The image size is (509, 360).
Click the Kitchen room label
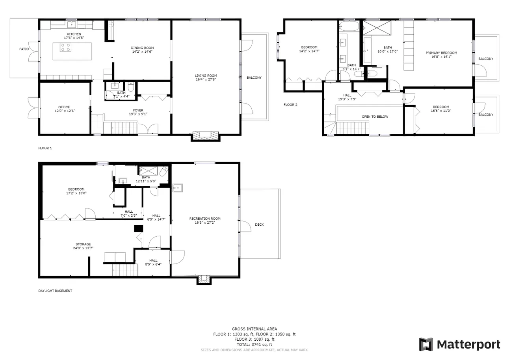click(x=74, y=34)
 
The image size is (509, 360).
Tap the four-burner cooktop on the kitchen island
click(x=65, y=47)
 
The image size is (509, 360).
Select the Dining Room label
click(x=142, y=48)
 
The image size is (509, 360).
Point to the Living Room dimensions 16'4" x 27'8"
click(x=206, y=79)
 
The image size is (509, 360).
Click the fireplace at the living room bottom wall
click(x=205, y=135)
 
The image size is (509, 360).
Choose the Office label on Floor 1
click(x=64, y=107)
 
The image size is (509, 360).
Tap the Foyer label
click(x=138, y=110)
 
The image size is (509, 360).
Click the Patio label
click(x=24, y=49)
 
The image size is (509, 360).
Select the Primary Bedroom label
click(x=441, y=53)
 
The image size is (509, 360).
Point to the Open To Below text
click(x=375, y=117)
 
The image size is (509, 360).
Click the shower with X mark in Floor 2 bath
click(x=377, y=28)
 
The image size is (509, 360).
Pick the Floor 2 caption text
click(x=290, y=105)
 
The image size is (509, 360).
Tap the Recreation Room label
click(x=205, y=219)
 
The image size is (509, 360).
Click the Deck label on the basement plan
click(x=259, y=225)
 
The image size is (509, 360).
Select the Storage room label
click(x=83, y=244)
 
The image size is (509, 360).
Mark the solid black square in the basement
click(x=138, y=228)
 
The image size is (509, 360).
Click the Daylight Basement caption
click(x=55, y=291)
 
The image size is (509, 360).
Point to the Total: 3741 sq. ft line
click(x=254, y=345)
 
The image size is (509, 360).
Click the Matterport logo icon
click(x=426, y=344)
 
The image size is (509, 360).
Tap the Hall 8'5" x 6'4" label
click(x=153, y=262)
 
